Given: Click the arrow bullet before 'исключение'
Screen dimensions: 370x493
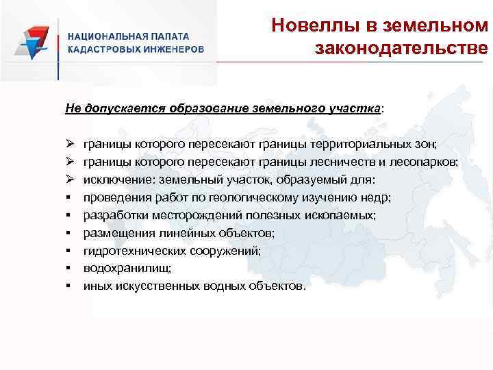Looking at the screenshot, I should click(x=70, y=180).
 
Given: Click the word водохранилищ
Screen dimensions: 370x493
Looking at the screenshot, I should click(x=125, y=269).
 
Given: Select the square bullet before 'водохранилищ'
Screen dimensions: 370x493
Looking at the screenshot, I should click(x=70, y=269).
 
